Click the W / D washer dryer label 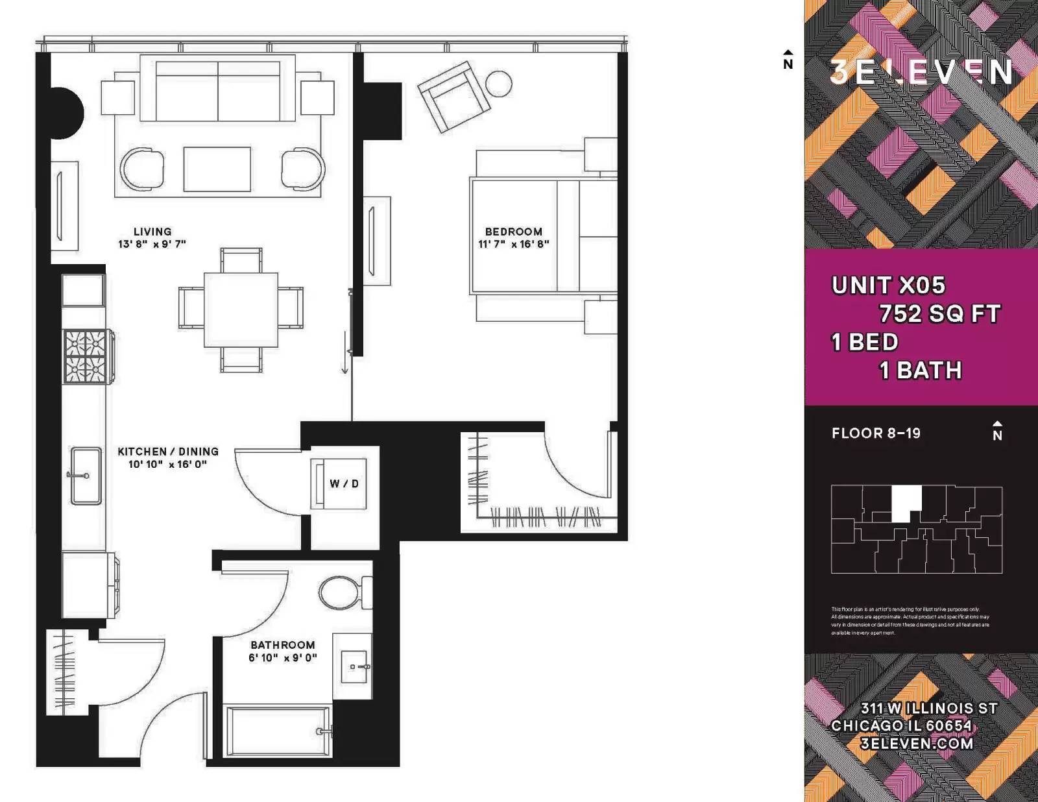click(344, 483)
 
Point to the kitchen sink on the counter click(86, 475)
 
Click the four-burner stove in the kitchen click(85, 356)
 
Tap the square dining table click(241, 310)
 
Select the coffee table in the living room click(217, 169)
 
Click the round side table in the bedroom click(499, 84)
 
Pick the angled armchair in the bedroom click(453, 97)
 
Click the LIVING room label click(152, 232)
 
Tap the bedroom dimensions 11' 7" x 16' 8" click(513, 244)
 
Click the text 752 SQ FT click(939, 314)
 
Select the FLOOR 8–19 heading click(876, 433)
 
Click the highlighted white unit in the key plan click(906, 503)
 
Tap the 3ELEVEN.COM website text click(917, 744)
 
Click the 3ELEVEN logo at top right click(921, 72)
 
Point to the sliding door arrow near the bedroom click(344, 354)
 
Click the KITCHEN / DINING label click(168, 452)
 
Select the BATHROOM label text click(283, 645)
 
